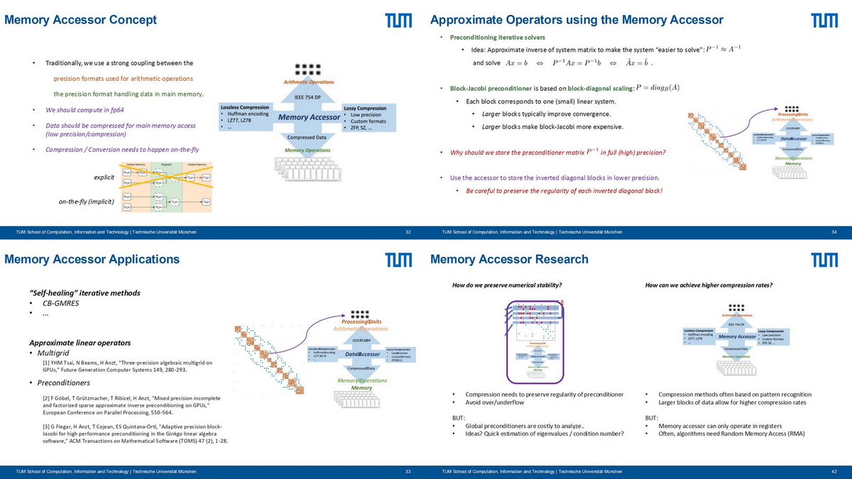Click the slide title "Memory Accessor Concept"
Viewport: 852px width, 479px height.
pyautogui.click(x=81, y=20)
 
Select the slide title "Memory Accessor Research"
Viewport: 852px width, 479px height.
pyautogui.click(x=509, y=259)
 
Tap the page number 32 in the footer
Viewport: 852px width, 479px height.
pyautogui.click(x=408, y=231)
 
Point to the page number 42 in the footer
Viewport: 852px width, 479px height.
pyautogui.click(x=834, y=470)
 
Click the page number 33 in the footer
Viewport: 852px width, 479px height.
pyautogui.click(x=408, y=470)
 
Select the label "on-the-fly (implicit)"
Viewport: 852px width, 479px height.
pyautogui.click(x=88, y=202)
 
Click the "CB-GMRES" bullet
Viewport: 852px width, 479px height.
pyautogui.click(x=59, y=304)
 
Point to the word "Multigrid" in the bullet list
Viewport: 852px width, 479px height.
pyautogui.click(x=56, y=353)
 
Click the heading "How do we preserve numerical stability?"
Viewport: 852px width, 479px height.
pyautogui.click(x=507, y=285)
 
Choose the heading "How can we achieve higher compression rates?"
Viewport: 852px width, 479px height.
pyautogui.click(x=709, y=285)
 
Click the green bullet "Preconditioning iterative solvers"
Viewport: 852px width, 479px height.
pyautogui.click(x=498, y=38)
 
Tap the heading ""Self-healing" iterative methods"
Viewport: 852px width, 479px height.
pyautogui.click(x=84, y=293)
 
